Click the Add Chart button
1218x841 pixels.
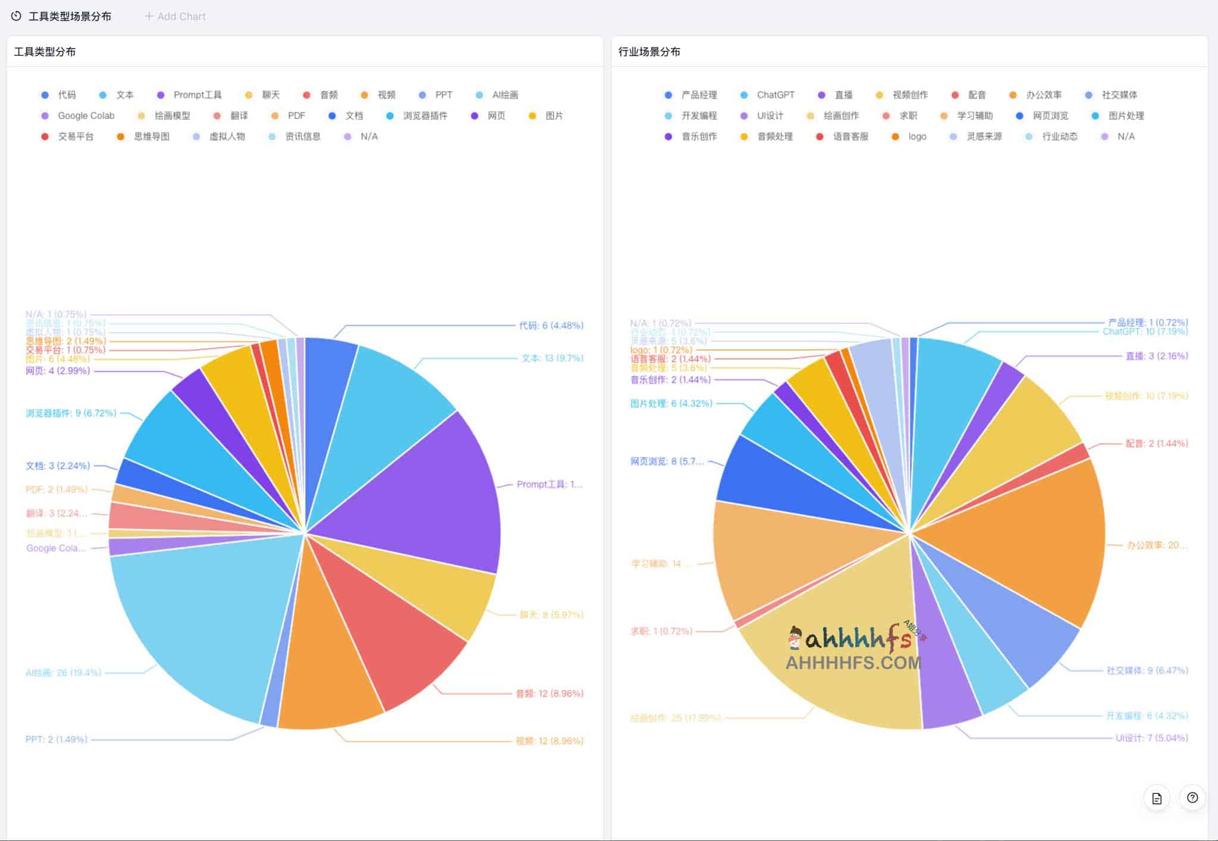tap(175, 17)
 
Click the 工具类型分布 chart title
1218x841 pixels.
tap(45, 52)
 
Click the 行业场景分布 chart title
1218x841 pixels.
tap(649, 52)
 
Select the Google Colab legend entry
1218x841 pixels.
tap(85, 116)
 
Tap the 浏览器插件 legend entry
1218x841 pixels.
tap(425, 116)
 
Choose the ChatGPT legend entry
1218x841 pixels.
tap(775, 95)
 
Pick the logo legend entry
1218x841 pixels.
tap(916, 137)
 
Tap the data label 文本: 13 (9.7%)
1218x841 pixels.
tap(553, 358)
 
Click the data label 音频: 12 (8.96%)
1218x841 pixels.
tap(550, 693)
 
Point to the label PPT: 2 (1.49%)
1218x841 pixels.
tap(56, 739)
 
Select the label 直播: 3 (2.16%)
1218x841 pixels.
tap(1156, 356)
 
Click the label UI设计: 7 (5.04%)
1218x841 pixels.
tap(1151, 738)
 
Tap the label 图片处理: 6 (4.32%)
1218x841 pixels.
tap(671, 403)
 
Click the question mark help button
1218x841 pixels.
tap(1192, 798)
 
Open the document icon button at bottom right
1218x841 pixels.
tap(1156, 798)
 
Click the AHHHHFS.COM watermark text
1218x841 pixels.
tap(853, 663)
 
